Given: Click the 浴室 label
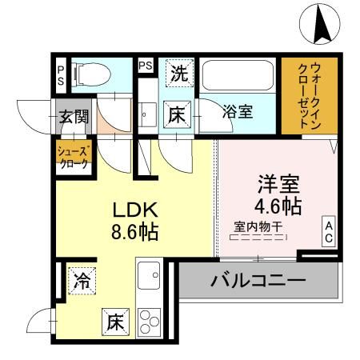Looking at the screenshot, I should pos(238,111).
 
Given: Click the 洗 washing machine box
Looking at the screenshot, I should pos(180,74).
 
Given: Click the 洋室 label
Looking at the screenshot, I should pos(278,183).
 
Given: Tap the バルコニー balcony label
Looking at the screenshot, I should pos(258,282).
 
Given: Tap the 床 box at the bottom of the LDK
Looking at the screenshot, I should pos(114,322).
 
